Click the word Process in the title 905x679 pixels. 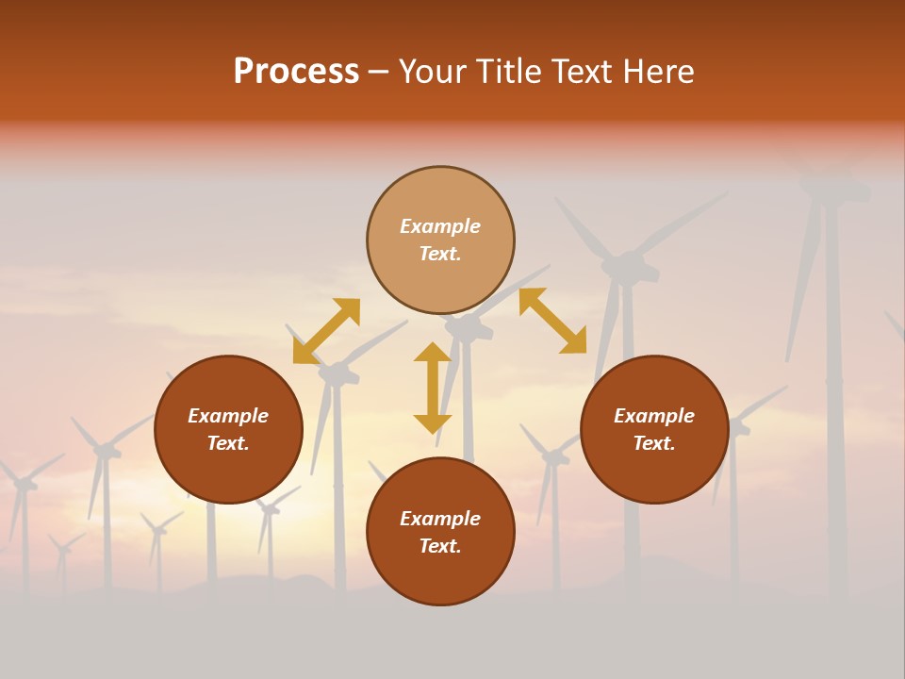tap(296, 72)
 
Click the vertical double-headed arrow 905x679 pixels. tap(433, 388)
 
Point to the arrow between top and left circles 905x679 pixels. tap(326, 331)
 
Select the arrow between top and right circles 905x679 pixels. tap(552, 321)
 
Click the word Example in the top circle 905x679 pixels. tap(440, 226)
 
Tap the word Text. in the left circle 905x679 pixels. tap(228, 443)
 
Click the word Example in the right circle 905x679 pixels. tap(654, 416)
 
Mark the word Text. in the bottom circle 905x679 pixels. tap(440, 546)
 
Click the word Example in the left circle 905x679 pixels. tap(228, 416)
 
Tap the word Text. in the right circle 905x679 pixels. tap(654, 443)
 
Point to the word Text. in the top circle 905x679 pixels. tap(440, 254)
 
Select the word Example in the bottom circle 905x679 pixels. tap(440, 519)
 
